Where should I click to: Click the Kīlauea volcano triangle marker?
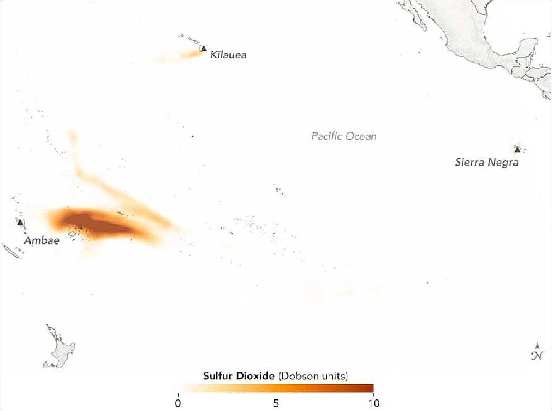point(204,49)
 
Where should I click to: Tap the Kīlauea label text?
point(228,55)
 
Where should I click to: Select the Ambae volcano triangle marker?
point(20,222)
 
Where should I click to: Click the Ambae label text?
point(42,240)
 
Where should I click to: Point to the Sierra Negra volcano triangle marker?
point(517,149)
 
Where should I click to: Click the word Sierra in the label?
point(470,162)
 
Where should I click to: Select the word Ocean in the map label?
point(361,136)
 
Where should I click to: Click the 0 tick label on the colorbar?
point(178,404)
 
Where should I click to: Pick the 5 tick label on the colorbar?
point(276,404)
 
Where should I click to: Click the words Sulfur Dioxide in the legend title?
point(239,376)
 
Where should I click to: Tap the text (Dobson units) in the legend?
point(313,376)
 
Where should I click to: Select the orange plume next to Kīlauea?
point(191,55)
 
